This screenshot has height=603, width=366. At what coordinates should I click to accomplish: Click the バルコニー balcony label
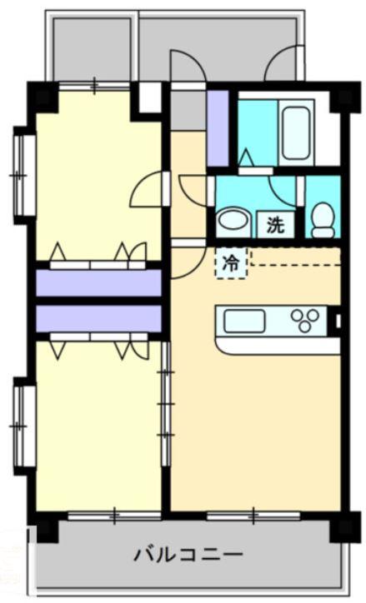(188, 554)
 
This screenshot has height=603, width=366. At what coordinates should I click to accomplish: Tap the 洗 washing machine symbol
(274, 223)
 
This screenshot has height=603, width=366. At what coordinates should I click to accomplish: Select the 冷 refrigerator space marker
(231, 263)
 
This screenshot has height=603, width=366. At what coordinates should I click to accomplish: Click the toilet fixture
(322, 218)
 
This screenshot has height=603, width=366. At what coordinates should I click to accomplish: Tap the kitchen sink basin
(241, 320)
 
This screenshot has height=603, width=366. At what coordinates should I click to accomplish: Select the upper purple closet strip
(98, 282)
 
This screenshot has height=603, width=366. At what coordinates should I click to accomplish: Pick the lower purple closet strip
(98, 318)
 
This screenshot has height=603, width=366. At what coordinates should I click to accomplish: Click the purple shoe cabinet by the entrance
(218, 127)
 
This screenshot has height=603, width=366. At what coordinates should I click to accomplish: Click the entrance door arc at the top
(185, 67)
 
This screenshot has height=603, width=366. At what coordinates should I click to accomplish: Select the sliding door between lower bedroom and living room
(166, 408)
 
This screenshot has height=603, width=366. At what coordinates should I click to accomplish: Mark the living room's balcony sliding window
(253, 516)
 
